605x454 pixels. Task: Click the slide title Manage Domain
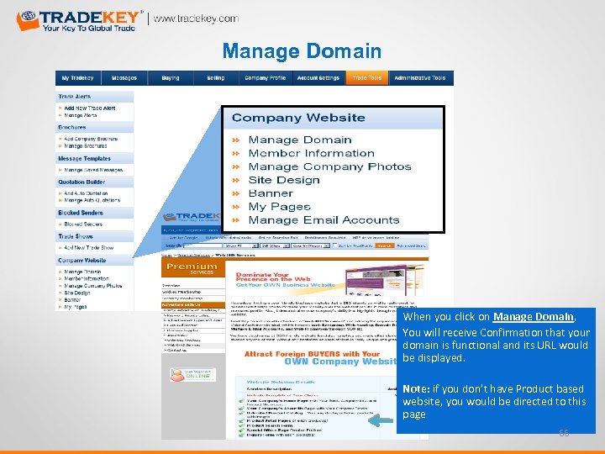(302, 51)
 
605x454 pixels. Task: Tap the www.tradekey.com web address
(196, 18)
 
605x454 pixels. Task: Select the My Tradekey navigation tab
(77, 78)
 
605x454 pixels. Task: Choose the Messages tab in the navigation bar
(124, 78)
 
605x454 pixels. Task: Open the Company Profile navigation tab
(265, 78)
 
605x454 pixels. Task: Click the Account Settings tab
(318, 78)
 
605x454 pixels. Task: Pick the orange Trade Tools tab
(366, 78)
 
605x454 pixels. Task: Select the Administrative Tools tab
(419, 78)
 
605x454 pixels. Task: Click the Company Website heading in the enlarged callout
(298, 118)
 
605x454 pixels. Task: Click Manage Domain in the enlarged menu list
(300, 140)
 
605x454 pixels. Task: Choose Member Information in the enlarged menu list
(311, 153)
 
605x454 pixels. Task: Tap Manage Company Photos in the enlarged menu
(329, 166)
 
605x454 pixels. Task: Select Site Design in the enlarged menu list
(284, 180)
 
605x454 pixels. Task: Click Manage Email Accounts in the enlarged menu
(324, 220)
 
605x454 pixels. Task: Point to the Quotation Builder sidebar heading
(82, 182)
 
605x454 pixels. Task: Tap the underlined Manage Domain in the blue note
(522, 317)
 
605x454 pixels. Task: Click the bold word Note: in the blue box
(417, 389)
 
